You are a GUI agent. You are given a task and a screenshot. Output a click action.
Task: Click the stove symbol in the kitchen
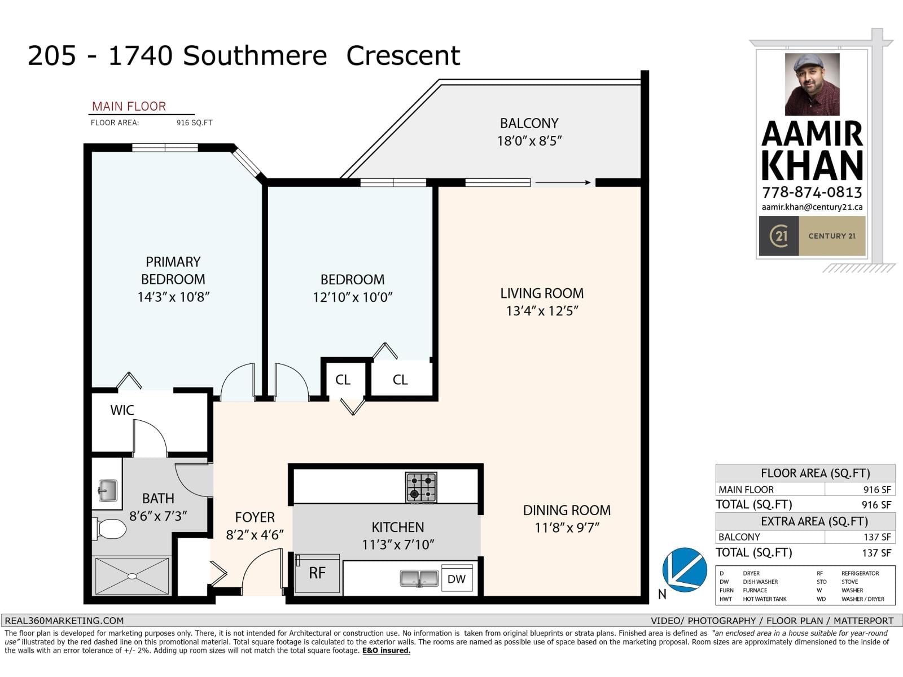(x=421, y=487)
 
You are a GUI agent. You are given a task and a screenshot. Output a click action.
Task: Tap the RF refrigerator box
(x=317, y=574)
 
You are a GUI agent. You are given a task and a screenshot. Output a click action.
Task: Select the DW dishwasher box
(x=457, y=579)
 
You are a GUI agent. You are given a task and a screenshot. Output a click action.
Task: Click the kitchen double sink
(x=419, y=578)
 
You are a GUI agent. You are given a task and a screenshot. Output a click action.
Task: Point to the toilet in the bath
(x=110, y=529)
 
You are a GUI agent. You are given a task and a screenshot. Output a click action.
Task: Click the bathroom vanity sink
(x=107, y=490)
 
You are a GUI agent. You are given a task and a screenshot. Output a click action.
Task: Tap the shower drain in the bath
(x=131, y=576)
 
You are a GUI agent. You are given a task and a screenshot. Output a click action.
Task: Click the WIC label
(x=122, y=410)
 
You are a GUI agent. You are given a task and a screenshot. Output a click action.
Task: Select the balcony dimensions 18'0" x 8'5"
(x=529, y=141)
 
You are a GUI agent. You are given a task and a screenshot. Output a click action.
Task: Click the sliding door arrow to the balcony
(x=563, y=182)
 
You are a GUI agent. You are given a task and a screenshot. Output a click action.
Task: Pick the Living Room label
(x=542, y=293)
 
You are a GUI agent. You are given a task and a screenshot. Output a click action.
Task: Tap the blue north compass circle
(x=685, y=570)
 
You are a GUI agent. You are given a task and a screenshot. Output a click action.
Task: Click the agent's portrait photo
(x=812, y=85)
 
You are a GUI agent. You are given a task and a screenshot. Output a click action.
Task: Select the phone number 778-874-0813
(x=812, y=192)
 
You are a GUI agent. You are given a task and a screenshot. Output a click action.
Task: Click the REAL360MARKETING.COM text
(x=64, y=621)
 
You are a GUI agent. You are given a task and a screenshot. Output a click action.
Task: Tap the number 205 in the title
(x=52, y=56)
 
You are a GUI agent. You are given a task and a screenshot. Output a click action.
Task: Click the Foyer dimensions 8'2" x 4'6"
(x=255, y=535)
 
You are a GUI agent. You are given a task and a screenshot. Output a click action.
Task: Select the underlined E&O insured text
(x=386, y=650)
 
